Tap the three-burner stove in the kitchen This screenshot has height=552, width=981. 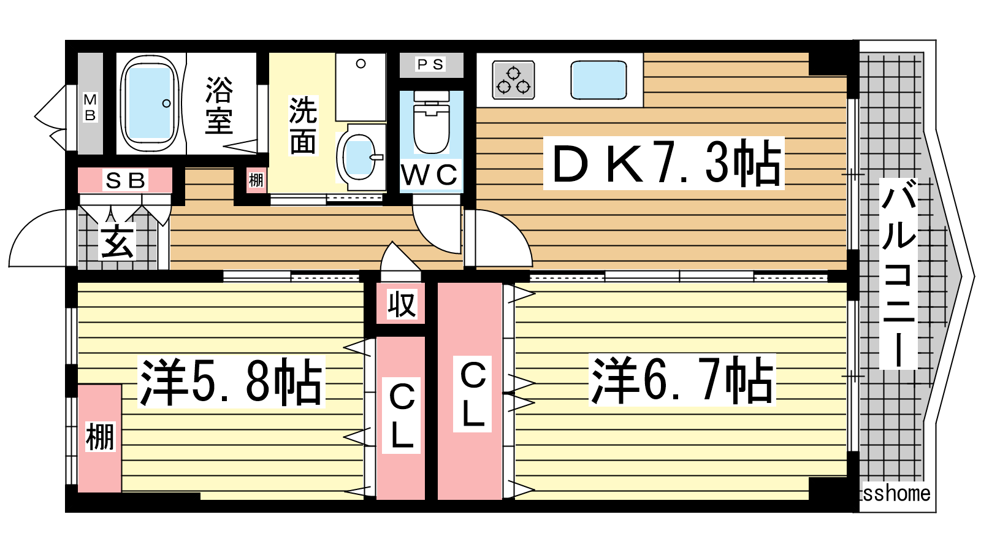pos(513,80)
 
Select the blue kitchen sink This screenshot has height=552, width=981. pos(598,80)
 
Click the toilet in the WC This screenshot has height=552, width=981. pos(432,122)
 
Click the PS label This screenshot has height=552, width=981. pos(430,65)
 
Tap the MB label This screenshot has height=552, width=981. pos(90,107)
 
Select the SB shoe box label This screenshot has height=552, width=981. pos(125,180)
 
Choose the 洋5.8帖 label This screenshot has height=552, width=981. pos(231,381)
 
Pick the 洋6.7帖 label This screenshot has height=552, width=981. pos(682,380)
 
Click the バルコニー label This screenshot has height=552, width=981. pos(898,274)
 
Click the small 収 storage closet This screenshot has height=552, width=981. pos(401,303)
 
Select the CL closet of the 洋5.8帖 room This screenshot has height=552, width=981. pos(401,418)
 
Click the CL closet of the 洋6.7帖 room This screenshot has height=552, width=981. pos(470,391)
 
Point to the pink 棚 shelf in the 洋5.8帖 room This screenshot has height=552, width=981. pos(100,439)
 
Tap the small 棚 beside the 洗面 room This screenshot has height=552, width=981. pos(256,180)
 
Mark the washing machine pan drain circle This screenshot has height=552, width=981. pos(361,64)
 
